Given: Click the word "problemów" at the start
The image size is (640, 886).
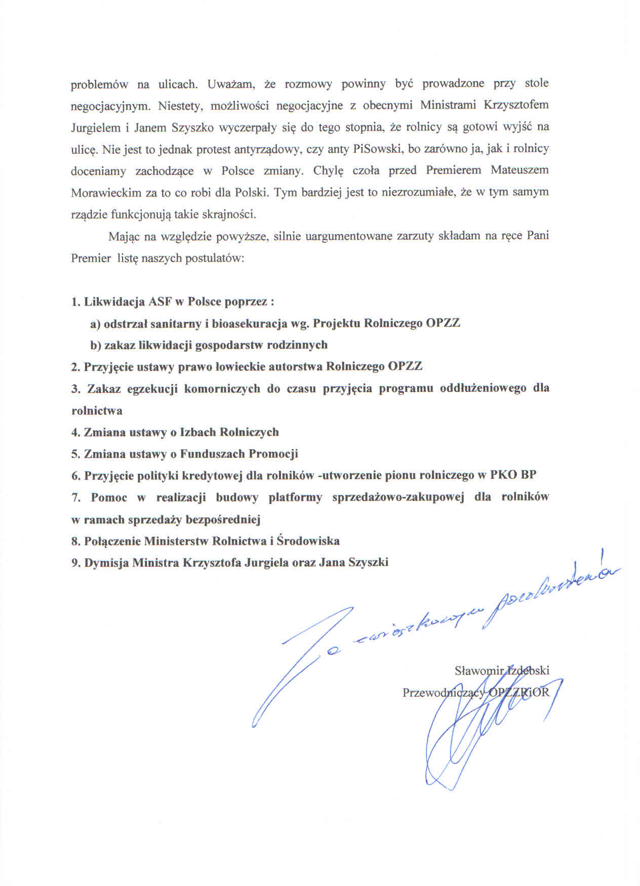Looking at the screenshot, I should (99, 84).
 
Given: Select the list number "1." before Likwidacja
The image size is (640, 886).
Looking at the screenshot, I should (76, 302).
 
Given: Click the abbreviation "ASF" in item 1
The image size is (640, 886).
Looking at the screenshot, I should (160, 302).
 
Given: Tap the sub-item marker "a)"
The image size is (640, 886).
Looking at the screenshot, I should (95, 324).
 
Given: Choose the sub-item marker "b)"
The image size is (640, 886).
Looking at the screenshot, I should (95, 345).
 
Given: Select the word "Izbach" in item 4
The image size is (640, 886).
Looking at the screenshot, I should (199, 432).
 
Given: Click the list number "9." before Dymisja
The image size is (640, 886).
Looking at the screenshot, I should (76, 563).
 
